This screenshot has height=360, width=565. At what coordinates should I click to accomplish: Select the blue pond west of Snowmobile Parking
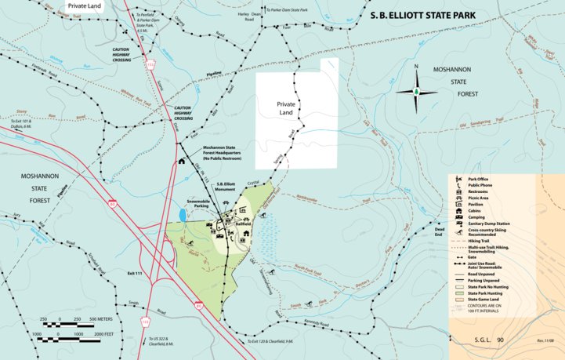(x=183, y=213)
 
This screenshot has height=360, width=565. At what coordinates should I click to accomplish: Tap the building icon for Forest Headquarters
(x=182, y=162)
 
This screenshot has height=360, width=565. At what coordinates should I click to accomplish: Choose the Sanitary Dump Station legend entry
(x=487, y=224)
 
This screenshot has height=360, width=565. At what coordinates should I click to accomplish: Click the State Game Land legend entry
(x=486, y=299)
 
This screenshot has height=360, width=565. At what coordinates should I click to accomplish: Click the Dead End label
(x=439, y=232)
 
